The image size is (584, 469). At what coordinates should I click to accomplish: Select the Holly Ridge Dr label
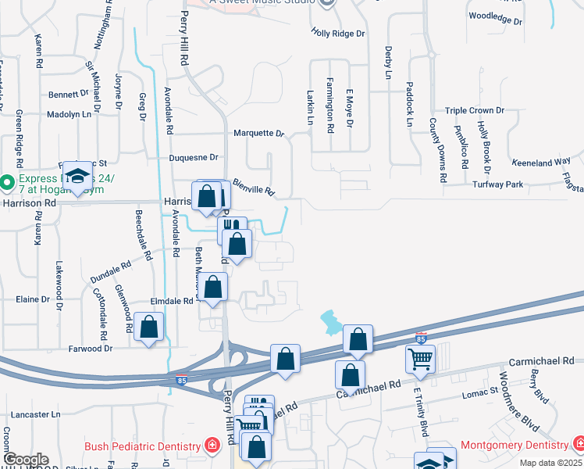(x=338, y=34)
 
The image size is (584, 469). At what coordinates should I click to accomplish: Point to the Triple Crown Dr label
(x=475, y=111)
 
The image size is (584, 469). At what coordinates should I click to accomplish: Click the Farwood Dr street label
(x=91, y=349)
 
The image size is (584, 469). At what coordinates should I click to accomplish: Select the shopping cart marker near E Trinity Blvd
(x=420, y=359)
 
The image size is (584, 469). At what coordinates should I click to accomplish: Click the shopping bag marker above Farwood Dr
(x=148, y=327)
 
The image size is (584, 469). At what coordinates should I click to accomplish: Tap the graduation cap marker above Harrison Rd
(x=78, y=175)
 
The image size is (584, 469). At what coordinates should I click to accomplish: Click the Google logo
(x=25, y=459)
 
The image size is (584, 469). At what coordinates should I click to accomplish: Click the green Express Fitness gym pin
(x=7, y=183)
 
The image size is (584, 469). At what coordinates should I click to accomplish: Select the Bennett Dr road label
(x=69, y=94)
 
